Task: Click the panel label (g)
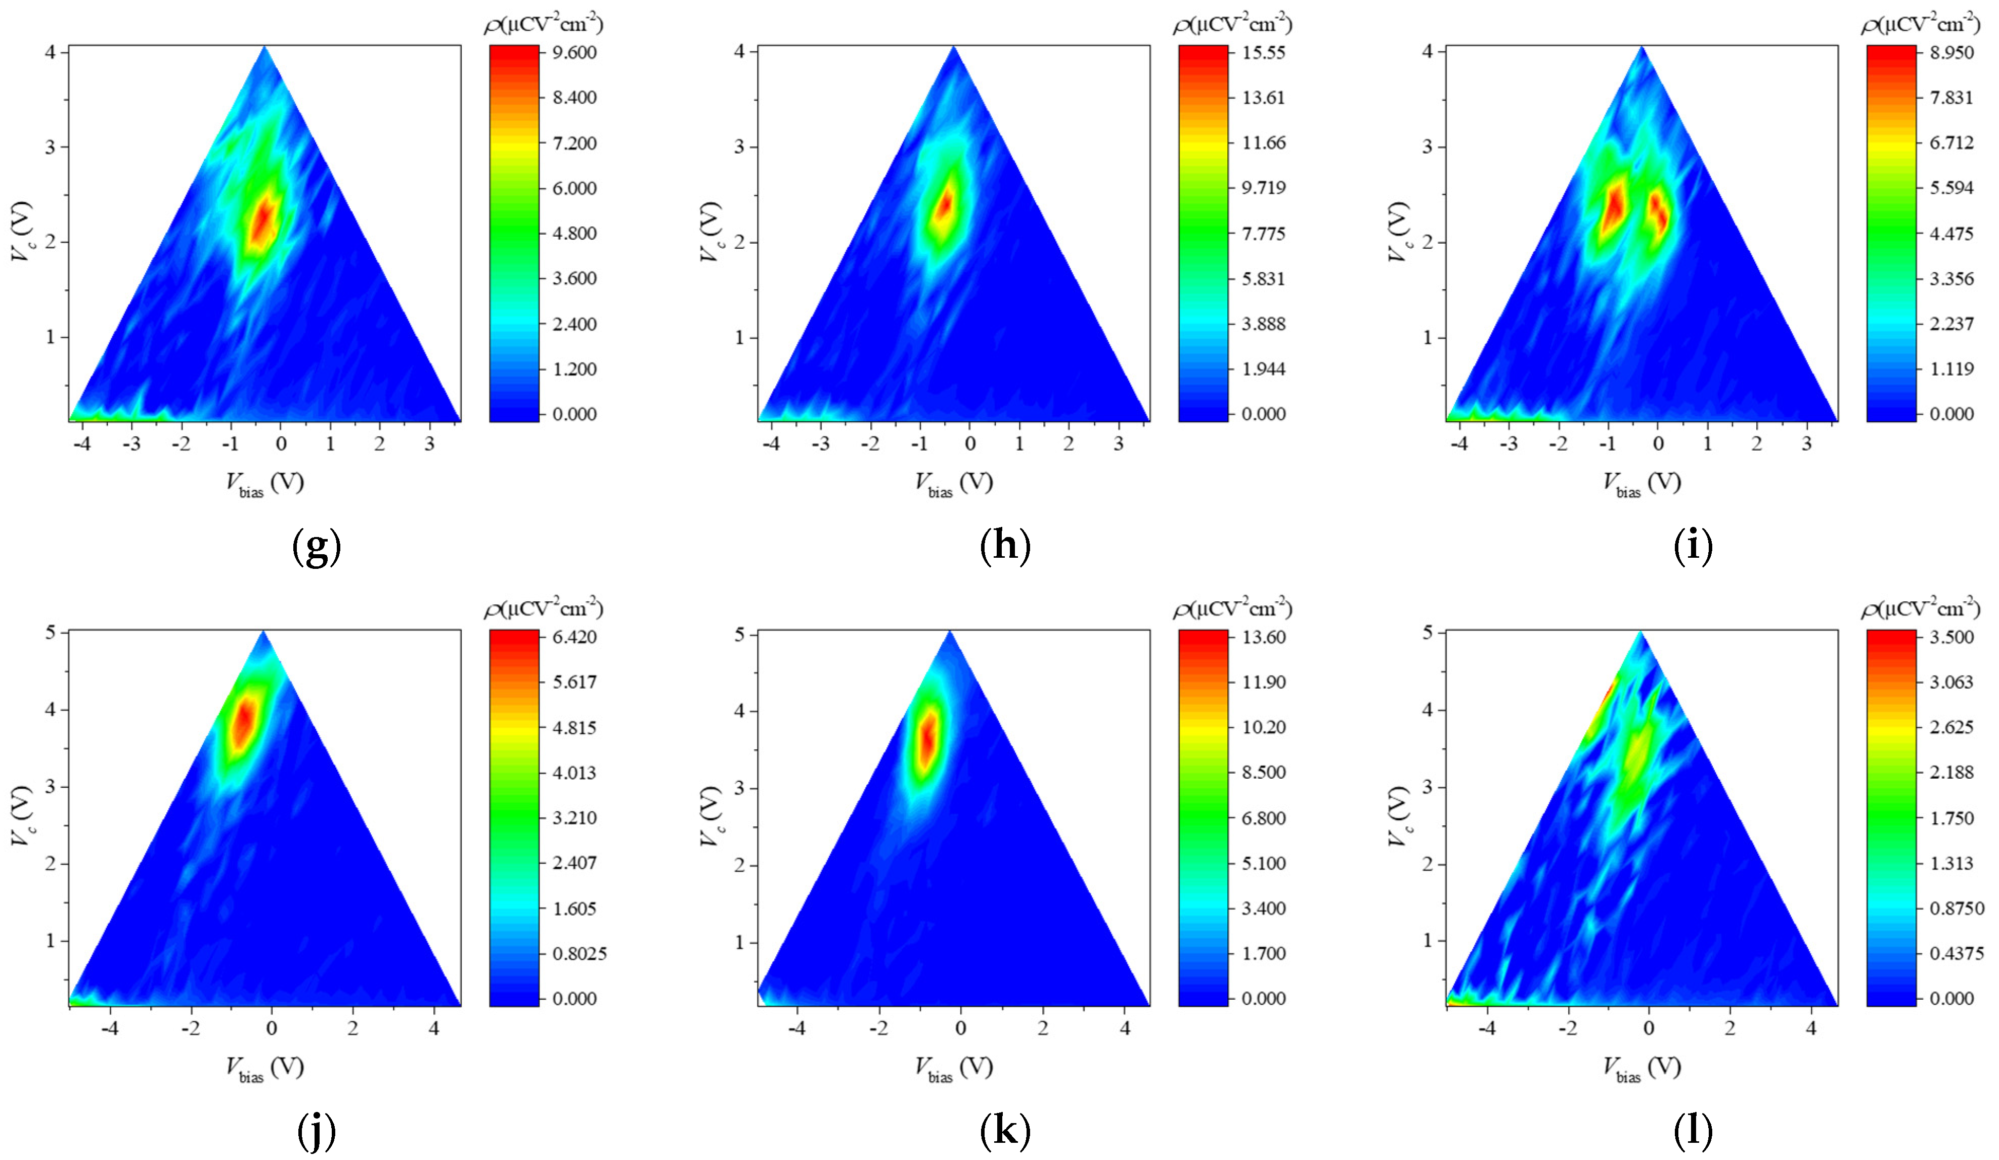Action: point(317,548)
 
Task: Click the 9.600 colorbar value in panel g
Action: point(575,53)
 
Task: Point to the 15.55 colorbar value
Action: point(1264,53)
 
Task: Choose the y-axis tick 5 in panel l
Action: point(1429,633)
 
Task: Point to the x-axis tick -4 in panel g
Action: point(82,443)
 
